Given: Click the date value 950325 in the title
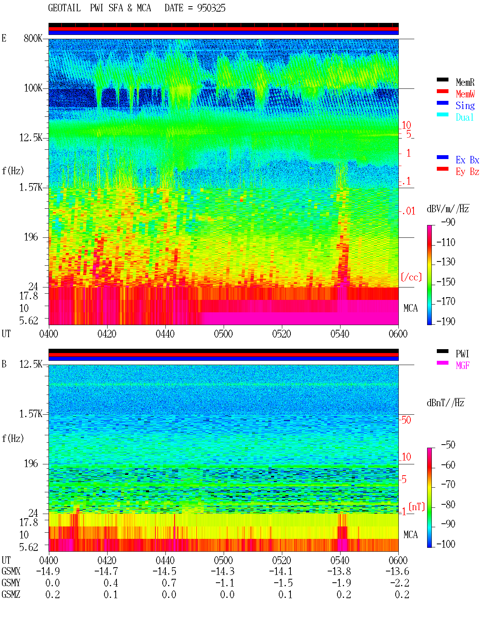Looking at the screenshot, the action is [211, 8].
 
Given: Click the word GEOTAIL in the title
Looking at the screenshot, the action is [64, 8].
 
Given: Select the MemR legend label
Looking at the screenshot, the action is [465, 82].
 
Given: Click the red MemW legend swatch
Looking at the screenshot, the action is [442, 91].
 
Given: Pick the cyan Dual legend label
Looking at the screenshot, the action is [464, 117].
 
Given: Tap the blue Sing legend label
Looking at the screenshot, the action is [465, 106].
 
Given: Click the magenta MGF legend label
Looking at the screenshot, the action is [462, 365].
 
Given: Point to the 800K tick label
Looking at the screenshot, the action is [33, 38].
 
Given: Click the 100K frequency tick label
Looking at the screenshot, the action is [33, 88].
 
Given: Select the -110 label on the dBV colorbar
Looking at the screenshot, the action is [445, 242].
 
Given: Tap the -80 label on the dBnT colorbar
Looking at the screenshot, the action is [448, 505].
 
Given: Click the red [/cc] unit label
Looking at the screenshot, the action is [411, 277].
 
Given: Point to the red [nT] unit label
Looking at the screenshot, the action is [417, 507].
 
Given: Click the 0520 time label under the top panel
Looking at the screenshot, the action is [282, 334].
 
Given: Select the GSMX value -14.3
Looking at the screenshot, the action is [222, 571].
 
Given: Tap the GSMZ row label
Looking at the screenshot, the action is [11, 594].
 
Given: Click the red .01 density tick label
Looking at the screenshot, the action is [408, 211].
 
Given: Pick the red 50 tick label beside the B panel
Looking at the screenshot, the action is [406, 420].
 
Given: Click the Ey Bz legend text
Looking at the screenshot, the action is [467, 172].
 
